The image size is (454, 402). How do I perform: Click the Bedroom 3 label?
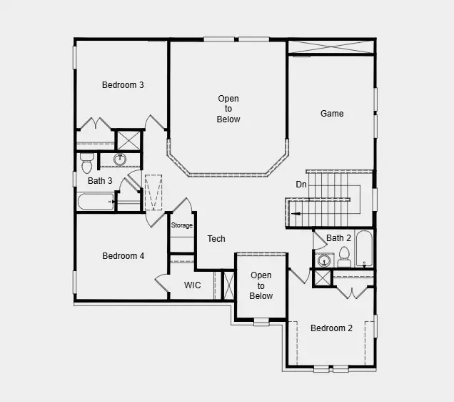[123, 85]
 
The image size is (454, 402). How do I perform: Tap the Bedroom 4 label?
[123, 256]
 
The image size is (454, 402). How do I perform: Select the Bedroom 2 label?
[331, 328]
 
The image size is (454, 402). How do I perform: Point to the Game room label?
[332, 114]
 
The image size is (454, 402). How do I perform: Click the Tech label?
[216, 239]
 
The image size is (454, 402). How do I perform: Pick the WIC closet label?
[192, 285]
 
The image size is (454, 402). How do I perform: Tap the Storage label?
[181, 225]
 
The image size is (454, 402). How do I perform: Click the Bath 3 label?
[100, 181]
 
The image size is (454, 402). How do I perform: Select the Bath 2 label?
[339, 238]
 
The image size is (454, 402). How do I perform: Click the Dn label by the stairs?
[301, 185]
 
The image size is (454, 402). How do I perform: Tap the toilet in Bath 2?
[344, 255]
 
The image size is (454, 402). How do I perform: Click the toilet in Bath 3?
[86, 162]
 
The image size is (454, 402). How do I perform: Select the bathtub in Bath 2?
[364, 249]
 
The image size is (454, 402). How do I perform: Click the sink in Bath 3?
[121, 159]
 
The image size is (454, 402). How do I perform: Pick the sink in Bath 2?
[322, 260]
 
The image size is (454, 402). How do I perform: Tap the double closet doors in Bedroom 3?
[95, 124]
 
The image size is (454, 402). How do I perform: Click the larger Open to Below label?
[228, 109]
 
